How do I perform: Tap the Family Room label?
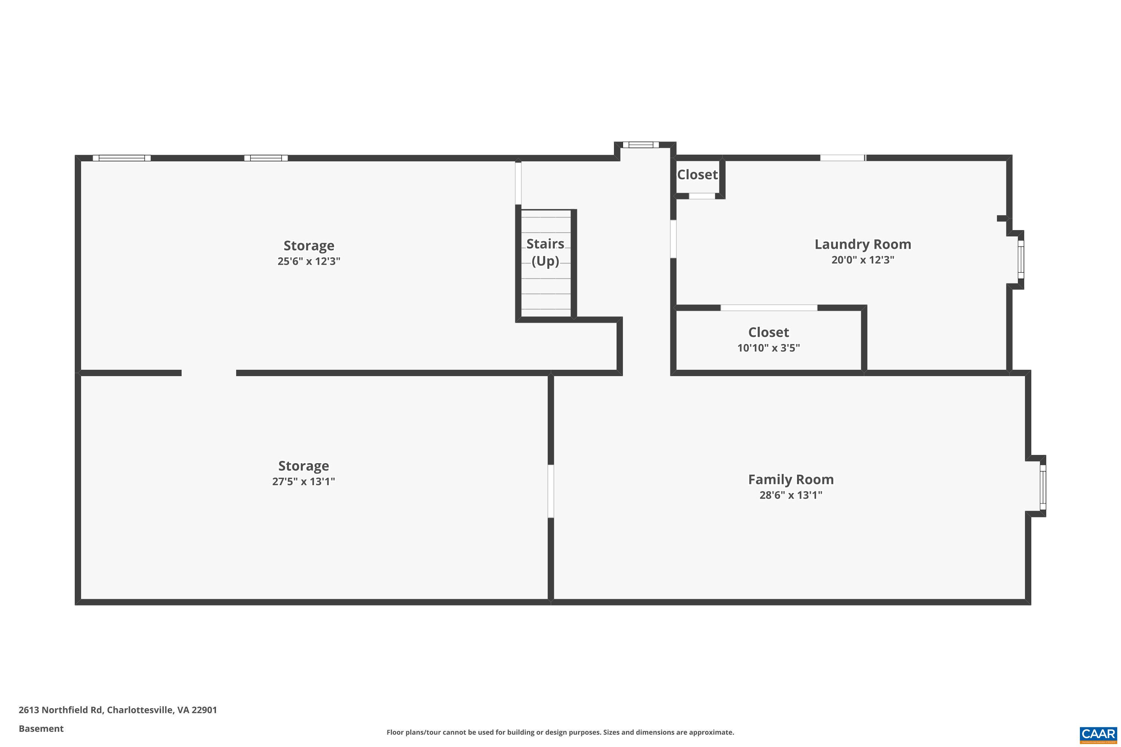click(791, 479)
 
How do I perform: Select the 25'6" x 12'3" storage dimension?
click(309, 261)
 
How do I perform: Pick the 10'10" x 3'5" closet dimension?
click(768, 348)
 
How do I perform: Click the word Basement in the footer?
click(41, 728)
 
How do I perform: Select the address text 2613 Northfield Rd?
click(61, 710)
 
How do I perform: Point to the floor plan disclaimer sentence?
click(560, 732)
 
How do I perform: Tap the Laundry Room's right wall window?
click(1020, 260)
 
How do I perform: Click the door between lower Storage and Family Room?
click(550, 491)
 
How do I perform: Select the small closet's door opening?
click(702, 196)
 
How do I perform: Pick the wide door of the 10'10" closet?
click(768, 308)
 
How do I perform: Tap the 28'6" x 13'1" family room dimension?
click(791, 495)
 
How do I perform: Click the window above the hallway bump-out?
click(640, 145)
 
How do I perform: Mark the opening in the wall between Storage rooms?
click(209, 372)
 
